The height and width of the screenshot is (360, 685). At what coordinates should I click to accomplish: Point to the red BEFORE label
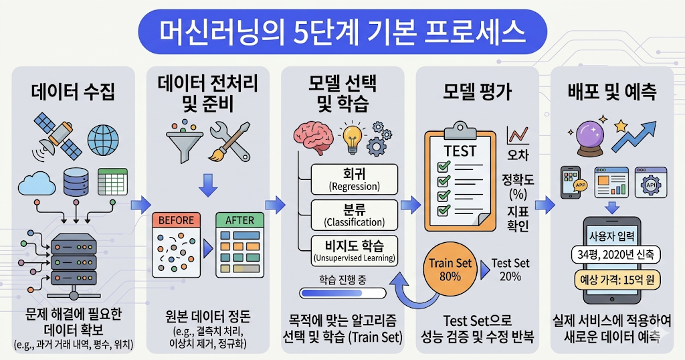tap(177, 220)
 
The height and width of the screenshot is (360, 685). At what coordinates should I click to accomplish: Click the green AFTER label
tap(239, 220)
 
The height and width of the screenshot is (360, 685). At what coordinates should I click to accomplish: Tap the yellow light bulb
tap(351, 137)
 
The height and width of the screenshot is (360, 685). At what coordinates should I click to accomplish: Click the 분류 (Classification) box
tap(354, 214)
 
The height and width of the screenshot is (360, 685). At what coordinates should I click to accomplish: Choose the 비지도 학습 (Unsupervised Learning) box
tap(354, 250)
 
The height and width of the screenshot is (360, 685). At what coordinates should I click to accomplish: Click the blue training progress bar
tap(342, 293)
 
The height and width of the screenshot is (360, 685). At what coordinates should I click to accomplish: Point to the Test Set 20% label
tap(510, 269)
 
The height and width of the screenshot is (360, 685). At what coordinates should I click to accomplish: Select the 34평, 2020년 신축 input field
tap(612, 254)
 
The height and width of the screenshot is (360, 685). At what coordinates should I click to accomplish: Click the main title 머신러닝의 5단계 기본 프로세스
tap(342, 31)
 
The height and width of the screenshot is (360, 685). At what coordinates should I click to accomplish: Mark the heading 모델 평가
tap(477, 93)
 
